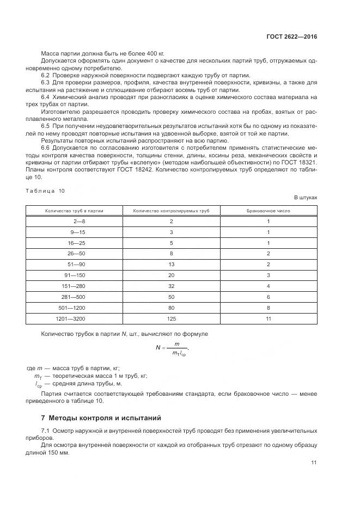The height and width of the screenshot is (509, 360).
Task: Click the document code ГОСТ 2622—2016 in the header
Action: tap(293, 36)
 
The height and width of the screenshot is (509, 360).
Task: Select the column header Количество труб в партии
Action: tap(74, 210)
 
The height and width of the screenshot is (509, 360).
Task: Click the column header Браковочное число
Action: tap(269, 210)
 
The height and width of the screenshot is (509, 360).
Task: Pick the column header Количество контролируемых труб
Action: tap(171, 210)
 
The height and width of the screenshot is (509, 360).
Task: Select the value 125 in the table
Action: tap(171, 318)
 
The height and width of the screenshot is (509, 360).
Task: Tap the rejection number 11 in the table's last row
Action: tap(269, 318)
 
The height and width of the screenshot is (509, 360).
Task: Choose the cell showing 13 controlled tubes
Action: tap(171, 265)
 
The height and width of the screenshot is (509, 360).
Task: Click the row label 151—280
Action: tap(74, 286)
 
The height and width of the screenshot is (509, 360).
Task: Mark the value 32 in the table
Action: tap(171, 286)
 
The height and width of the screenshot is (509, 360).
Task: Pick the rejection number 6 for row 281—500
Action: tap(269, 297)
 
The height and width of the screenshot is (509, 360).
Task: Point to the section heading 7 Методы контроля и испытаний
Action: tap(101, 419)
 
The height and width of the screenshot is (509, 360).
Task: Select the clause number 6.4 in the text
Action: tap(46, 96)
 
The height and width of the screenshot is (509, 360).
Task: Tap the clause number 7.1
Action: tap(46, 431)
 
